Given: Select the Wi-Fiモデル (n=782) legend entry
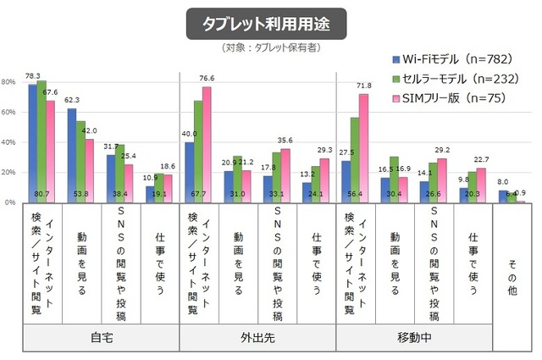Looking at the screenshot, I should coord(441,59).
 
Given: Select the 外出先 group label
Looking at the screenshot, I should coord(259,338).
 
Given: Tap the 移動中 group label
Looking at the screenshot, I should coord(414,338).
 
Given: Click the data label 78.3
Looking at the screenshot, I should coord(34,75).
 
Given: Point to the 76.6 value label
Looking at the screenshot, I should coord(207,78).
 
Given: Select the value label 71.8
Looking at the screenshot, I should coord(364,86).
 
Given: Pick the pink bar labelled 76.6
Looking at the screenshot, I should coord(207,144).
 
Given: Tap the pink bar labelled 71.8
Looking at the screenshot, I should coord(364,147).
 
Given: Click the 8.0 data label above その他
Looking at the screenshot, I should coord(503,182).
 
